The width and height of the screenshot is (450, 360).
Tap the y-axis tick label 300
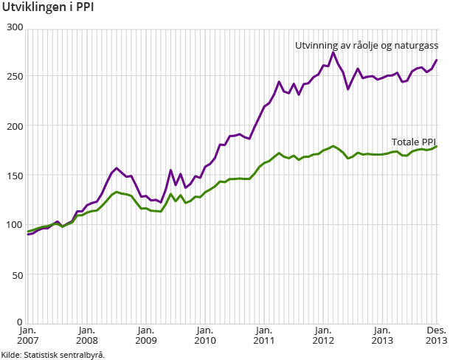coord(15,27)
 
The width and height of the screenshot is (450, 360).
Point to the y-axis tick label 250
coord(15,77)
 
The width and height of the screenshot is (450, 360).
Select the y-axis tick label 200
coord(15,125)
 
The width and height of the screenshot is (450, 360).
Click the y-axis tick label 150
coord(15,175)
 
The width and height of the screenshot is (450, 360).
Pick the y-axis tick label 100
coord(15,224)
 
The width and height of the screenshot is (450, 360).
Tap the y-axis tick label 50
coord(18,274)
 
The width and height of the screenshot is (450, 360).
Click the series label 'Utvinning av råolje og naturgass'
coord(367,46)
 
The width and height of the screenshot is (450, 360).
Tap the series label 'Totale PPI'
coord(414,141)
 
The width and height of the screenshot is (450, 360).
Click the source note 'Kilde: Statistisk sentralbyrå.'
coord(52,355)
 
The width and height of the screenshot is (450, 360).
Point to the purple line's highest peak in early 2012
coord(333,52)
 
